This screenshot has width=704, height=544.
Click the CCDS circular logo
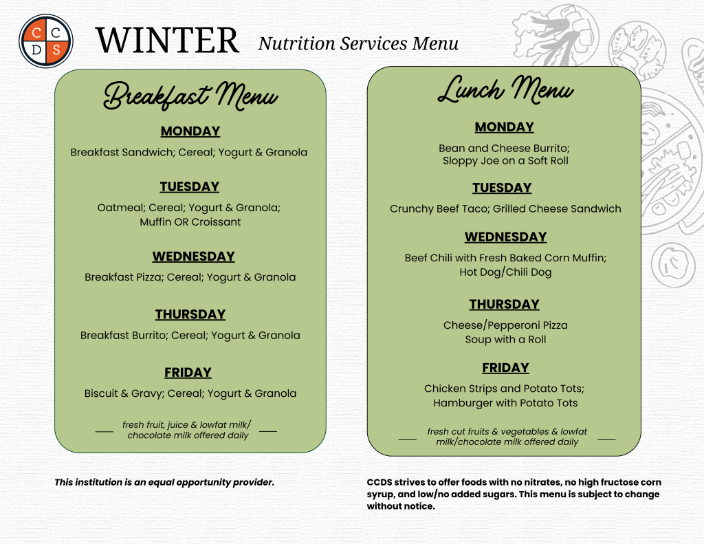pyautogui.click(x=46, y=41)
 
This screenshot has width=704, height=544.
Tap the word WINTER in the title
pyautogui.click(x=167, y=41)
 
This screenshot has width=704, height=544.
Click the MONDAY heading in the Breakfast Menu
pyautogui.click(x=190, y=131)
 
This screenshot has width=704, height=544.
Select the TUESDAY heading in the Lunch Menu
pyautogui.click(x=502, y=188)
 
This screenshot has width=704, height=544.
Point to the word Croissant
pyautogui.click(x=217, y=222)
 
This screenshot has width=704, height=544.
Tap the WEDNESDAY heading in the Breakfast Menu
pyautogui.click(x=193, y=257)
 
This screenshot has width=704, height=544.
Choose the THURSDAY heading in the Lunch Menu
pyautogui.click(x=505, y=305)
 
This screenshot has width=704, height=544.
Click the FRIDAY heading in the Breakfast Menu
pyautogui.click(x=188, y=373)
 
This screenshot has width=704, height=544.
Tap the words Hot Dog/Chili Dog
pyautogui.click(x=505, y=272)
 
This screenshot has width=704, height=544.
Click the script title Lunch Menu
pyautogui.click(x=505, y=90)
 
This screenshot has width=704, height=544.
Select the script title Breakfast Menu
pyautogui.click(x=190, y=95)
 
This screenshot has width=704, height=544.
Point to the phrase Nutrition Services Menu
pyautogui.click(x=358, y=43)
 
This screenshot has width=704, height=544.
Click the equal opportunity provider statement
pyautogui.click(x=164, y=483)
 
